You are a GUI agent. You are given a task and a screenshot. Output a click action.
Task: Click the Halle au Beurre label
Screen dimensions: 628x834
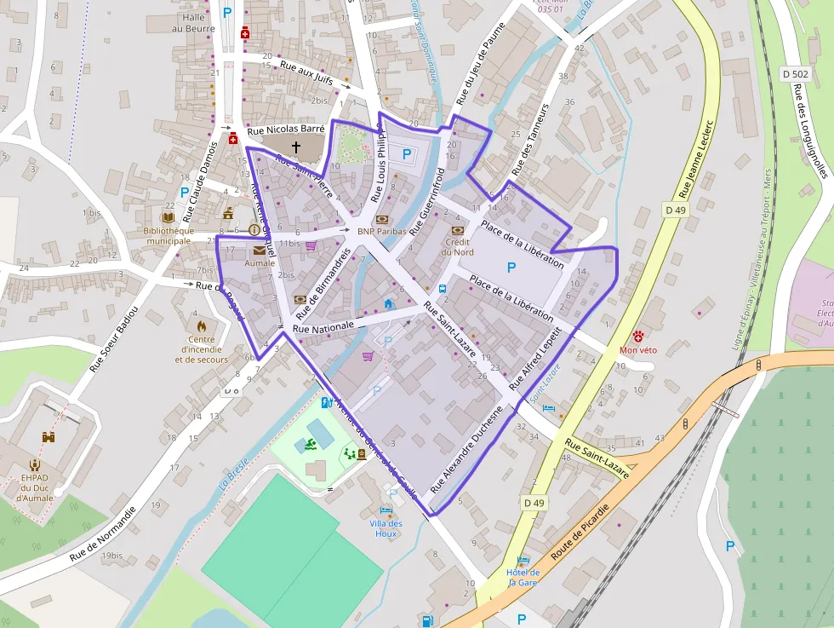(x=189, y=22)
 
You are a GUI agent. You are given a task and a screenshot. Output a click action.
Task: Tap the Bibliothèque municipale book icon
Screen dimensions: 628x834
(x=168, y=218)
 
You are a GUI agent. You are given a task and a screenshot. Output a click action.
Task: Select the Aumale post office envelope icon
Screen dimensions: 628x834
(x=259, y=251)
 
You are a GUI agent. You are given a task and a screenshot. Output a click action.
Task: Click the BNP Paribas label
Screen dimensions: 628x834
(x=378, y=231)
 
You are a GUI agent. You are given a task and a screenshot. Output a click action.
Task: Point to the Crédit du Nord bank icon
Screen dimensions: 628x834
(x=457, y=230)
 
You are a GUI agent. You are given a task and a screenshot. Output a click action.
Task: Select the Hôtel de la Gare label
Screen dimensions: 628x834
(x=523, y=577)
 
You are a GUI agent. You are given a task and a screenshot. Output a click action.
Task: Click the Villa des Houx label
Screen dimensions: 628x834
(x=386, y=528)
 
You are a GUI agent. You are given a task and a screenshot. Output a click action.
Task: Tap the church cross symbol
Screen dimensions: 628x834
(x=296, y=147)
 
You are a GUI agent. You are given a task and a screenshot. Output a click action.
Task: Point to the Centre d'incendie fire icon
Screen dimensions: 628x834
(x=202, y=326)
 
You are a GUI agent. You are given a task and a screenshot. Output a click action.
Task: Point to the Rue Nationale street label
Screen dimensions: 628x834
(x=323, y=326)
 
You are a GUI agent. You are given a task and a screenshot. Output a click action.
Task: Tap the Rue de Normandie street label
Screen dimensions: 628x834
(x=103, y=534)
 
